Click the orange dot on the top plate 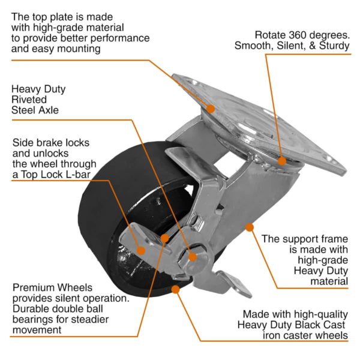pos(211,108)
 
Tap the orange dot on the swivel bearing pos(282,160)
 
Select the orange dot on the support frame pos(248,227)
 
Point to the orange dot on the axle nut pos(192,257)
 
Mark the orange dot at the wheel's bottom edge pos(175,289)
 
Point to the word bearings pos(35,319)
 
